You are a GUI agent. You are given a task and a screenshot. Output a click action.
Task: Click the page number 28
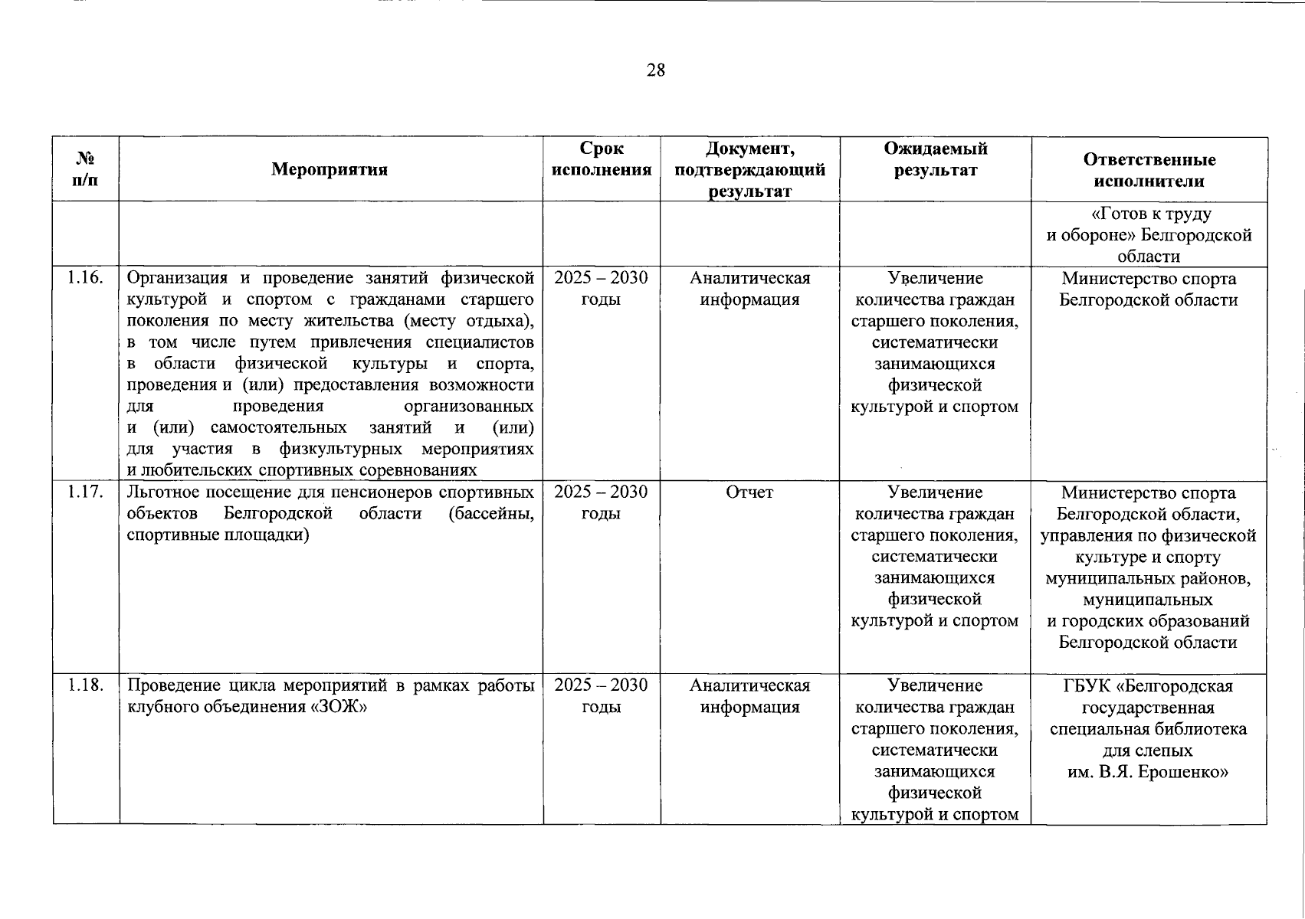point(656,71)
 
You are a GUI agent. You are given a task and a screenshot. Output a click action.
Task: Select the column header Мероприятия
point(330,170)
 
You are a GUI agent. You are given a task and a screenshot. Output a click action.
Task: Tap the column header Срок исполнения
point(602,159)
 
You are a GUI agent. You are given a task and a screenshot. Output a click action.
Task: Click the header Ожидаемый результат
point(935,159)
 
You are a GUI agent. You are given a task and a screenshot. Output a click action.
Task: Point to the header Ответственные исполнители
point(1149,170)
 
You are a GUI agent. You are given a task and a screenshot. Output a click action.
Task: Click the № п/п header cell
point(86,170)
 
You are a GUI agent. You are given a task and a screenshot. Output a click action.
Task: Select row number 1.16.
point(85,278)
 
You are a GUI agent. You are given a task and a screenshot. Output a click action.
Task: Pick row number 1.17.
point(85,492)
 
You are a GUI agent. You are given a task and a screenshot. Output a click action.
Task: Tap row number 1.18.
point(85,685)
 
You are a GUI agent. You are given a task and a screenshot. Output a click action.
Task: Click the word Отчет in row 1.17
point(749,492)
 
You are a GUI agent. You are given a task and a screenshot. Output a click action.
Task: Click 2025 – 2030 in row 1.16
point(601,278)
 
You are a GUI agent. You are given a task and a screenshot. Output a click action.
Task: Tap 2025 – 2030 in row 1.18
point(601,685)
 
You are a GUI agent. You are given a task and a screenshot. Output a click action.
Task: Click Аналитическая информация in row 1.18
point(749,696)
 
